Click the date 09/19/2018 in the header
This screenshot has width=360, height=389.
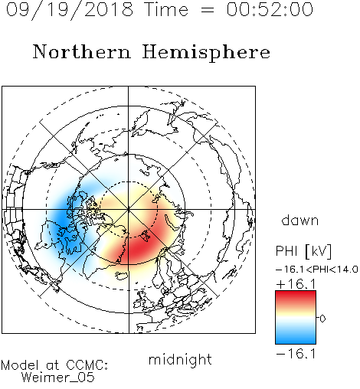click(x=70, y=10)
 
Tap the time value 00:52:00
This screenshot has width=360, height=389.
click(x=270, y=9)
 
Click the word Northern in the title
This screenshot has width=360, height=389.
click(x=82, y=51)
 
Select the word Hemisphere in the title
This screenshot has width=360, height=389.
click(x=206, y=53)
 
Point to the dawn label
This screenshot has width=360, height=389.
click(x=300, y=220)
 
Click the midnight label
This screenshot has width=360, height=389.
click(x=180, y=359)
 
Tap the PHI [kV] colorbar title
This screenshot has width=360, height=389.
click(x=303, y=251)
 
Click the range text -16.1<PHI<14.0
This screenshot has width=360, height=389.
click(x=316, y=270)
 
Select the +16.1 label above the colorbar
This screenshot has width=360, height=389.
click(x=296, y=284)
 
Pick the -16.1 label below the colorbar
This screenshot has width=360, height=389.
click(x=296, y=354)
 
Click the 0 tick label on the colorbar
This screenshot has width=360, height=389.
click(x=322, y=319)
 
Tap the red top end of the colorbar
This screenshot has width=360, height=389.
click(x=296, y=293)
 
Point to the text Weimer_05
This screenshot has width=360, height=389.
click(x=58, y=378)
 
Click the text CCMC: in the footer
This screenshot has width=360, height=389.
click(x=87, y=365)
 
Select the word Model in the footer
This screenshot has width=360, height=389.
click(x=20, y=365)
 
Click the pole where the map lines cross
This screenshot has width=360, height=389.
click(x=129, y=209)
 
